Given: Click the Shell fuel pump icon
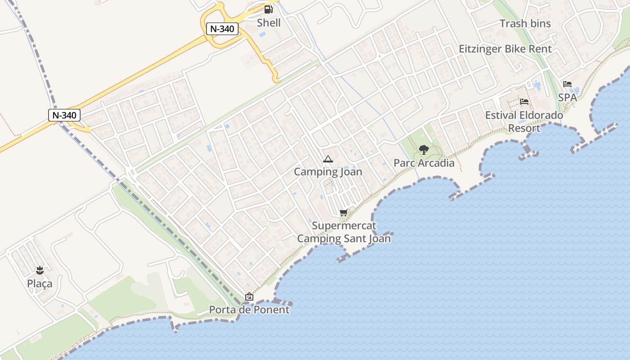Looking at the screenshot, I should [268, 9].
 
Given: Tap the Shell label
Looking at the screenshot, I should [269, 22].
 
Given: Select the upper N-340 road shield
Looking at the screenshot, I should [222, 29].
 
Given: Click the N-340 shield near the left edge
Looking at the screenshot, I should [64, 115].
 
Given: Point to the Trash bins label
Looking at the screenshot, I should [525, 24].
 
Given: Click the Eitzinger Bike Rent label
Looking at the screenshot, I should [505, 49].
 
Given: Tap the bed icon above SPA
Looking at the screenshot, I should [567, 84].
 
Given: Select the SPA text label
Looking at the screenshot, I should [567, 97].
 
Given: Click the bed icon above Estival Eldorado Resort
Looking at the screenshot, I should [524, 102].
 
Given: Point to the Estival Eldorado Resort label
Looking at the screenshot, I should [524, 121].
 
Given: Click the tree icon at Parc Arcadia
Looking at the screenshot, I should [423, 150].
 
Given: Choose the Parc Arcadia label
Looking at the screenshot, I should [424, 163].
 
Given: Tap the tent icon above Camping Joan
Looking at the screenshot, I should [328, 159].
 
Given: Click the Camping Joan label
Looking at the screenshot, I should [328, 172].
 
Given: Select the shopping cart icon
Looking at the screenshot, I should [344, 212].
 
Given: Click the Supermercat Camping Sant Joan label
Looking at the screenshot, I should [344, 232].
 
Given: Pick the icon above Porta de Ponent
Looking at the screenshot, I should [249, 297].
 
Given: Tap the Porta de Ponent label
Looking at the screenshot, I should [249, 310].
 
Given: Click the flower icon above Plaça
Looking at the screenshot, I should [40, 270].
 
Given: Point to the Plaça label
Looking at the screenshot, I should [40, 283].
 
